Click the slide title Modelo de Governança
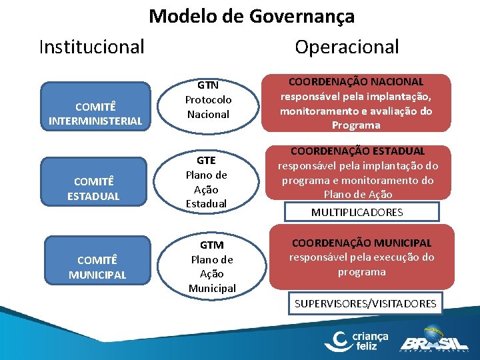(251, 16)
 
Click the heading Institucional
(91, 47)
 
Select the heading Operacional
(347, 47)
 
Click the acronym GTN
(208, 85)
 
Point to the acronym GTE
(207, 161)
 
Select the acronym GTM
(211, 245)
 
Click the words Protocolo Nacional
(208, 107)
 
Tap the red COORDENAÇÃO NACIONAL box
(356, 103)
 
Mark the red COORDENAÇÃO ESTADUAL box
(358, 173)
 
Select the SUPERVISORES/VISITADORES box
(365, 304)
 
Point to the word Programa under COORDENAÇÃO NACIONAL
(356, 125)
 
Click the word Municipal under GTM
(212, 288)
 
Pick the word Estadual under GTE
(207, 203)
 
